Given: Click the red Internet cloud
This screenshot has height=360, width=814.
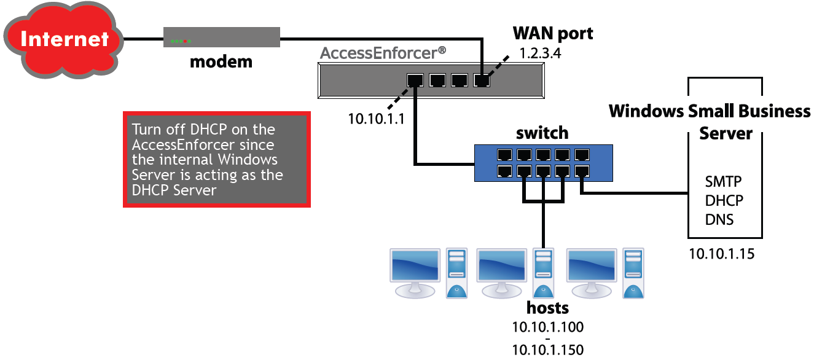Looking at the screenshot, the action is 64,40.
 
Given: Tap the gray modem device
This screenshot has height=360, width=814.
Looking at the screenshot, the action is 222,37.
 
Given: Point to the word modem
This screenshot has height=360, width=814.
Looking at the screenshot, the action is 221,62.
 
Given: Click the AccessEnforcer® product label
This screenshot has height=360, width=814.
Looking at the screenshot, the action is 383,53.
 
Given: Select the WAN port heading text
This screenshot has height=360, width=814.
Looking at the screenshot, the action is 553,34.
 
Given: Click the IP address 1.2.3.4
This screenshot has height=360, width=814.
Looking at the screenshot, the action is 540,53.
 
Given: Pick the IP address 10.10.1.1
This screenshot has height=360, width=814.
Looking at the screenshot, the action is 376,119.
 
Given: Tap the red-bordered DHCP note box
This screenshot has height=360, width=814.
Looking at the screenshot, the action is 217,160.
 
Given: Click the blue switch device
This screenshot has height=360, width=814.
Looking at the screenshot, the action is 543,163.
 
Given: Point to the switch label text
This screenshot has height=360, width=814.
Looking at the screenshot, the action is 542,133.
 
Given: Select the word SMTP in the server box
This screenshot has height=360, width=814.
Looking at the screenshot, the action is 723,182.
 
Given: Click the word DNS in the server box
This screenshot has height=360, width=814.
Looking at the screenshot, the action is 719,220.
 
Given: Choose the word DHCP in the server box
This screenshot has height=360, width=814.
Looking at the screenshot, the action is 724,200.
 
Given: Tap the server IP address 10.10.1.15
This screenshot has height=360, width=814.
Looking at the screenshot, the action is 722,254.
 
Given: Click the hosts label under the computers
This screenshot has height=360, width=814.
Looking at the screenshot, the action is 547,308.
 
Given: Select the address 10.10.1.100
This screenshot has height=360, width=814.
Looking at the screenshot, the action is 547,327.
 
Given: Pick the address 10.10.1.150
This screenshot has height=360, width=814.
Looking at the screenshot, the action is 547,350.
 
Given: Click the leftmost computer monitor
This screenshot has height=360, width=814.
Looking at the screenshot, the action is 415,273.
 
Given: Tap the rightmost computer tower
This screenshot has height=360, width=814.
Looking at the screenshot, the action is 633,273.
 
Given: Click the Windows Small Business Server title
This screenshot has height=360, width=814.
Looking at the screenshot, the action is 710,122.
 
